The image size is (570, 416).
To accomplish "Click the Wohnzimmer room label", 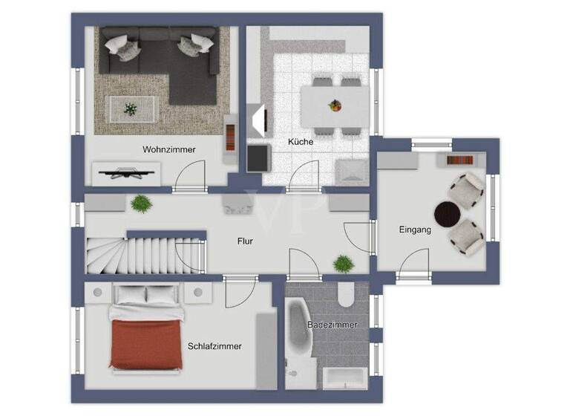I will (169, 149).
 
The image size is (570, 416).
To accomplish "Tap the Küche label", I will (301, 141).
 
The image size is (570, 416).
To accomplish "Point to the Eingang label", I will (414, 230).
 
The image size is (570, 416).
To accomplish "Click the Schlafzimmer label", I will (214, 346).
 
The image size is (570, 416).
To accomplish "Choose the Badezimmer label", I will (332, 325).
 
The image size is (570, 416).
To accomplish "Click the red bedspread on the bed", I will (146, 344).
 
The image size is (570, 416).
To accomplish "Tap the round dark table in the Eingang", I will (448, 215).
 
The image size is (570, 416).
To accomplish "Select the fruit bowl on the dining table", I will (335, 105).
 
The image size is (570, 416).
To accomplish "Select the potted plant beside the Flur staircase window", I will (140, 203).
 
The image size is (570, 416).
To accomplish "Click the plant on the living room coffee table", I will (131, 109).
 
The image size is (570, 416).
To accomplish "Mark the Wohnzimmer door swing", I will (191, 176).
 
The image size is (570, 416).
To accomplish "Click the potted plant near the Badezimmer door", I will (343, 263).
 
